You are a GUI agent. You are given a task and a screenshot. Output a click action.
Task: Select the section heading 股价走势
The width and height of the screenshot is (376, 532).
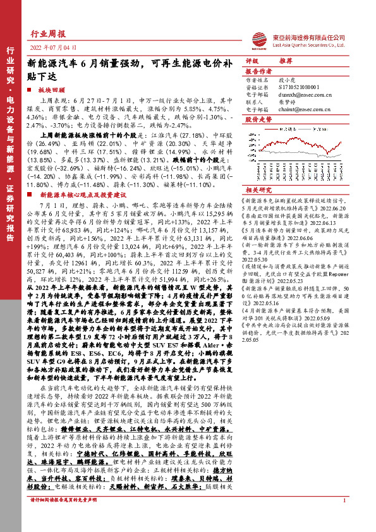pyautogui.click(x=258, y=119)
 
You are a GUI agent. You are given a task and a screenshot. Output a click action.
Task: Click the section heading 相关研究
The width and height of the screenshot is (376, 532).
pyautogui.click(x=258, y=189)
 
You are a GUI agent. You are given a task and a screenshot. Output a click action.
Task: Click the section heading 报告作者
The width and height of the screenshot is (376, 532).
pyautogui.click(x=258, y=71)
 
